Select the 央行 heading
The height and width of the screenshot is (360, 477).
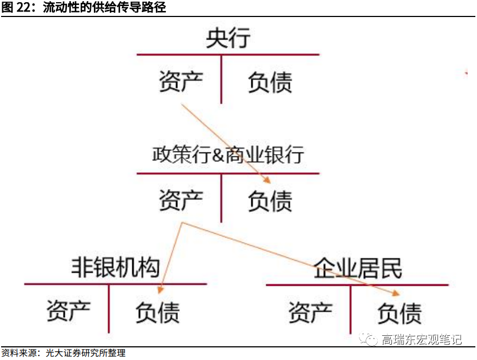pos(228,39)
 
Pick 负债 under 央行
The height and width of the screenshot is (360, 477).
pos(270,82)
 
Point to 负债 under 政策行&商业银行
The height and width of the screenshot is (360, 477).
pos(270,201)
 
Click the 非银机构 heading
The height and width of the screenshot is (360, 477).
pos(115,268)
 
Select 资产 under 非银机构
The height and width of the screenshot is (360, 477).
pos(68,311)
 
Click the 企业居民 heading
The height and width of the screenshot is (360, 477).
pos(358,268)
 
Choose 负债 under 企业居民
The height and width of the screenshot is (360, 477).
pos(400,313)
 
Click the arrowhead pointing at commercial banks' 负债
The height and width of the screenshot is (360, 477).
pos(267,181)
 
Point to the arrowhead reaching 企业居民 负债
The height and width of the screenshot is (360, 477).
pos(399,293)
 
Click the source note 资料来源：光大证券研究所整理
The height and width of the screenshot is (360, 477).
pos(63,353)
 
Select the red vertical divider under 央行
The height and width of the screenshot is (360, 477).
pos(221,79)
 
